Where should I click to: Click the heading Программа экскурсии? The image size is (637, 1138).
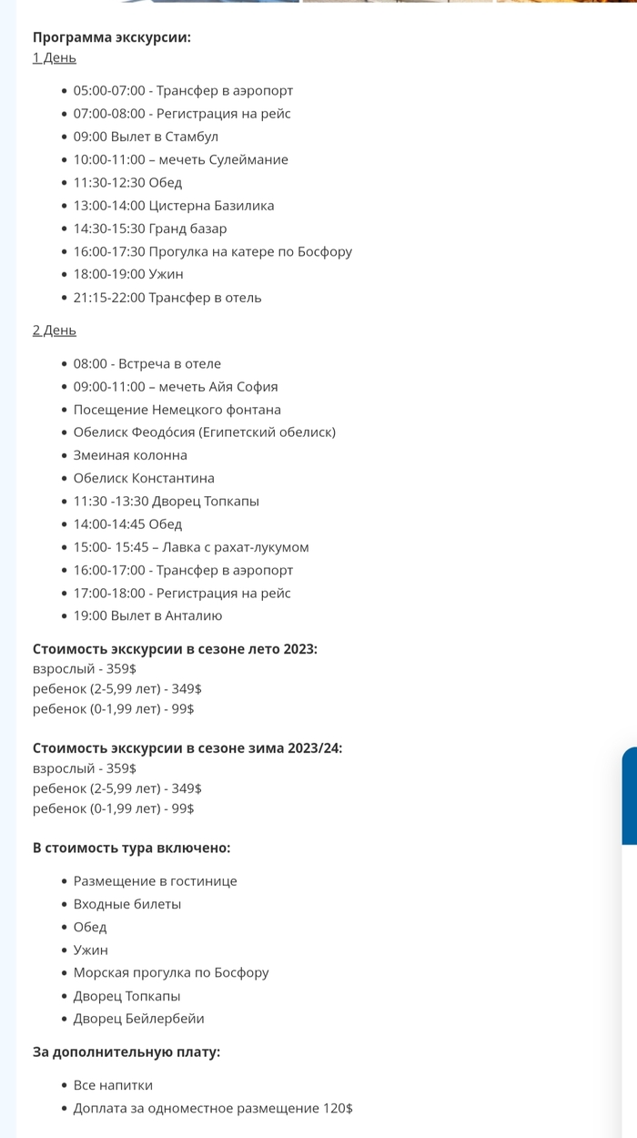click(x=111, y=37)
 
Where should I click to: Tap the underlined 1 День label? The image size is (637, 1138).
click(x=55, y=58)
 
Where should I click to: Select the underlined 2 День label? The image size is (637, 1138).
click(x=55, y=330)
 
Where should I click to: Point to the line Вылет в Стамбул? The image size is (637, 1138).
click(x=146, y=137)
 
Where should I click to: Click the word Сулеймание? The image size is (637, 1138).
click(x=249, y=159)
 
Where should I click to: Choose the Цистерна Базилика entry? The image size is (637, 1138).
click(x=211, y=206)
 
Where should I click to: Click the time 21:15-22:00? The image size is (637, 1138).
click(x=109, y=298)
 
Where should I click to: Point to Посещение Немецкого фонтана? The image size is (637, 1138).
click(x=177, y=410)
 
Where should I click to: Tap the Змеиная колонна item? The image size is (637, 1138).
click(x=130, y=455)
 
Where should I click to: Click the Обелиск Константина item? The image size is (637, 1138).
click(x=144, y=478)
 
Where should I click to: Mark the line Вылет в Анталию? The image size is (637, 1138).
click(x=147, y=615)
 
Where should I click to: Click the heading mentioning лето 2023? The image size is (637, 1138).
click(x=175, y=649)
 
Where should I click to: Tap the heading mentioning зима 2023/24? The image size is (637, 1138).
click(x=187, y=748)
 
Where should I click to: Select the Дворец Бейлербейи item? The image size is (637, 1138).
click(x=138, y=1019)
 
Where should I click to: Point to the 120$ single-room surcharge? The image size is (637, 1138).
click(x=338, y=1108)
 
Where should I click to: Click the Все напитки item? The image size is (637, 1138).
click(x=113, y=1085)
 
